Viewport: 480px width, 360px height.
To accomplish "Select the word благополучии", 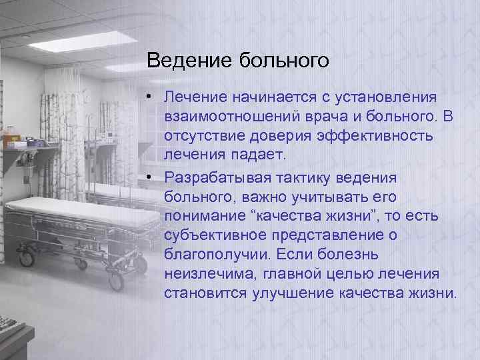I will point(211,255).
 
